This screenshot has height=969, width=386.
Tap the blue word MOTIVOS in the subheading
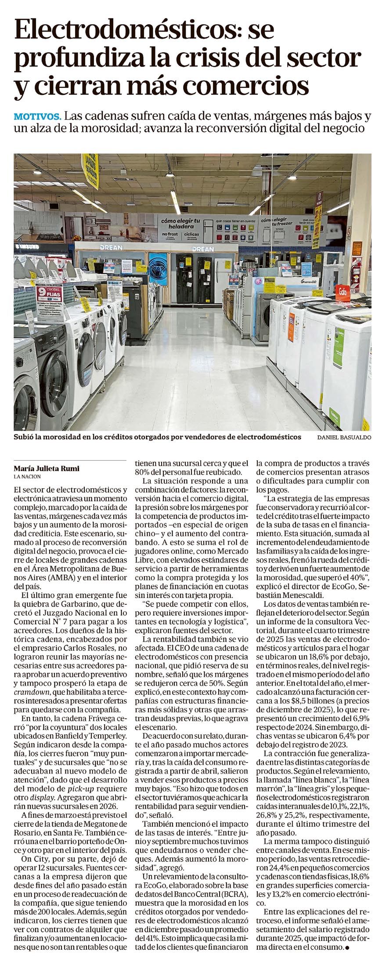point(37,117)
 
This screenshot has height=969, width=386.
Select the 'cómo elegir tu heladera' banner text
point(180,223)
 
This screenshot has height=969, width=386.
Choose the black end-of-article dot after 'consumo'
point(347,957)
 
